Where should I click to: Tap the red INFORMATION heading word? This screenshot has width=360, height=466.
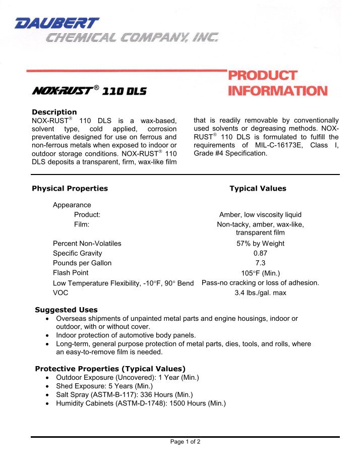click(x=277, y=91)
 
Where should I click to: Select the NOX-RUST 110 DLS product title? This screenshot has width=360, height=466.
click(x=90, y=91)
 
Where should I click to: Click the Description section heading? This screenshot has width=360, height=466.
click(x=54, y=112)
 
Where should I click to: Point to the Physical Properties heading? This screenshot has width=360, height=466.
click(x=70, y=189)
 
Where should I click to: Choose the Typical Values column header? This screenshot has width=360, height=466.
click(x=258, y=189)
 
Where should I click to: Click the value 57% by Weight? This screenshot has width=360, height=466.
click(x=260, y=244)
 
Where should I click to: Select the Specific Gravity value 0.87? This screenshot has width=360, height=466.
click(x=260, y=253)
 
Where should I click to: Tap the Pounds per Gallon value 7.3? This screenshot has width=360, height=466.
click(x=260, y=263)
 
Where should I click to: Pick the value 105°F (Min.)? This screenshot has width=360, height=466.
click(x=260, y=273)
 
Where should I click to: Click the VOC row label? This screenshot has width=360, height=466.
click(x=61, y=293)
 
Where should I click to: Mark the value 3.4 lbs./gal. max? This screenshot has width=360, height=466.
click(x=260, y=293)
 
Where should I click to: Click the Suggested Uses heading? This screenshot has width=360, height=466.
click(x=66, y=310)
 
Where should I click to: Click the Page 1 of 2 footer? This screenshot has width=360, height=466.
click(x=185, y=442)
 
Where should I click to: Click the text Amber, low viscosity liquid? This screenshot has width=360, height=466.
click(x=260, y=214)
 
